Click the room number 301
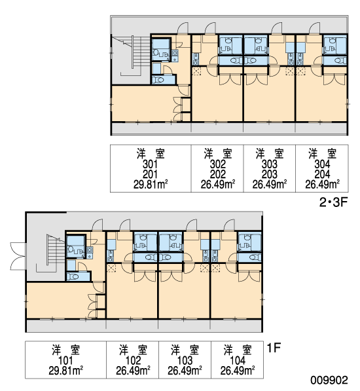[151, 164]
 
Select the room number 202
[218, 174]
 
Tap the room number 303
[269, 164]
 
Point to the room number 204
[322, 174]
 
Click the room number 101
[65, 360]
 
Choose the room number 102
[133, 360]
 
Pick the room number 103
[185, 360]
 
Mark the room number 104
[238, 360]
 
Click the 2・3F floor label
[333, 202]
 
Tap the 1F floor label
[274, 348]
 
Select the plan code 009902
[329, 381]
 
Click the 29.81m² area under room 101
[65, 371]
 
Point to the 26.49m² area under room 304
[322, 185]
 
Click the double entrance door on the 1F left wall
[18, 256]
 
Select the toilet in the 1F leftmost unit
[74, 276]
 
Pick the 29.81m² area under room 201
[151, 185]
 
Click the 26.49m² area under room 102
[133, 371]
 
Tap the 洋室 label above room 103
[185, 350]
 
